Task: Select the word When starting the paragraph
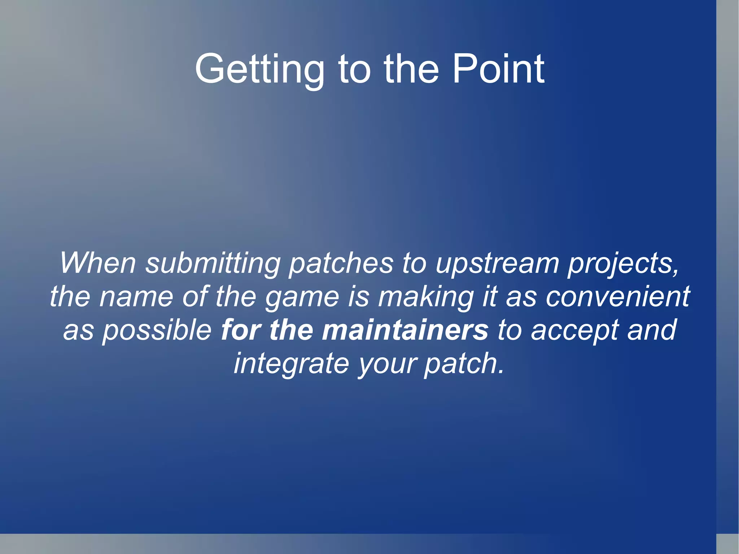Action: pyautogui.click(x=98, y=263)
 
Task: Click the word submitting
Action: pyautogui.click(x=213, y=263)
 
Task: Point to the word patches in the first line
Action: pyautogui.click(x=341, y=263)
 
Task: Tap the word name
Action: pyautogui.click(x=136, y=296)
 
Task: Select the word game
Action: pyautogui.click(x=302, y=296)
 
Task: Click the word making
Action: pyautogui.click(x=426, y=296)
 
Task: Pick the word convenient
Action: pyautogui.click(x=617, y=296)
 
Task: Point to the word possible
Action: pyautogui.click(x=157, y=330)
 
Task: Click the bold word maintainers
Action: pyautogui.click(x=405, y=330)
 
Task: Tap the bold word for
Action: pyautogui.click(x=241, y=330)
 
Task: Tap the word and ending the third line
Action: pyautogui.click(x=651, y=330)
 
